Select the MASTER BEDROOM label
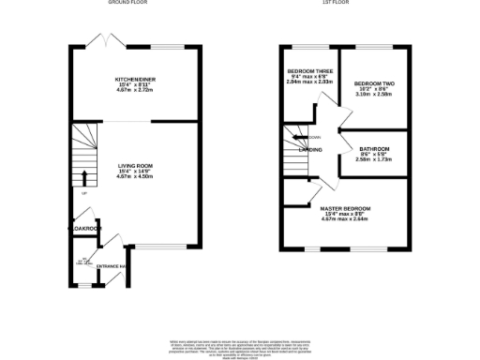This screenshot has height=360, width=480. (345, 208)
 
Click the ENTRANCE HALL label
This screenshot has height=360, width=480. (111, 267)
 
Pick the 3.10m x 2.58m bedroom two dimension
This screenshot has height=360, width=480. (374, 94)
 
